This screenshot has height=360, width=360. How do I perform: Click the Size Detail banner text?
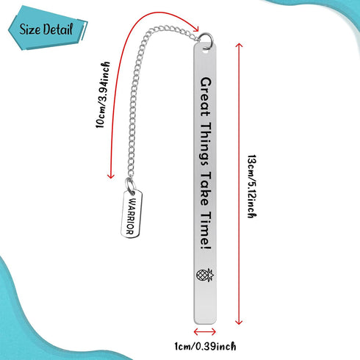[x=46, y=29]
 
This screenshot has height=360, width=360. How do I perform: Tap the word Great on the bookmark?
[x=205, y=97]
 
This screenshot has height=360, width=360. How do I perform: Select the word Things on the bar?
[x=205, y=145]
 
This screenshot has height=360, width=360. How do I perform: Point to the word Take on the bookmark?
[x=205, y=189]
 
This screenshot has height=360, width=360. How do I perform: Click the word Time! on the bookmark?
[x=205, y=231]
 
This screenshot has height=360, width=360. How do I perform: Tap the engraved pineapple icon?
[x=205, y=275]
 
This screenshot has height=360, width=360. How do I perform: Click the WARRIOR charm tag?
[x=132, y=214]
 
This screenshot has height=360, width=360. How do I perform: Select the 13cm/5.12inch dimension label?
[x=252, y=187]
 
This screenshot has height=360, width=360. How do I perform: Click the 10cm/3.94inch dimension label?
[x=103, y=95]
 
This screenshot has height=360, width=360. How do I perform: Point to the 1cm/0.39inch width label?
[x=205, y=346]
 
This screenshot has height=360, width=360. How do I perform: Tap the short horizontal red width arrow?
[x=205, y=332]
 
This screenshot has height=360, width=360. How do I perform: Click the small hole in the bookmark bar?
[x=205, y=51]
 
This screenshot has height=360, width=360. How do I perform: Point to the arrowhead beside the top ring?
[x=195, y=28]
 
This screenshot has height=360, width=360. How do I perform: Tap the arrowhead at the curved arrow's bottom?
[x=111, y=176]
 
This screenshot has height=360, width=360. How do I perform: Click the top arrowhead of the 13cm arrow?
[x=239, y=45]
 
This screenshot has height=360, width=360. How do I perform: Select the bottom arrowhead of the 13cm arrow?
[x=239, y=322]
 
